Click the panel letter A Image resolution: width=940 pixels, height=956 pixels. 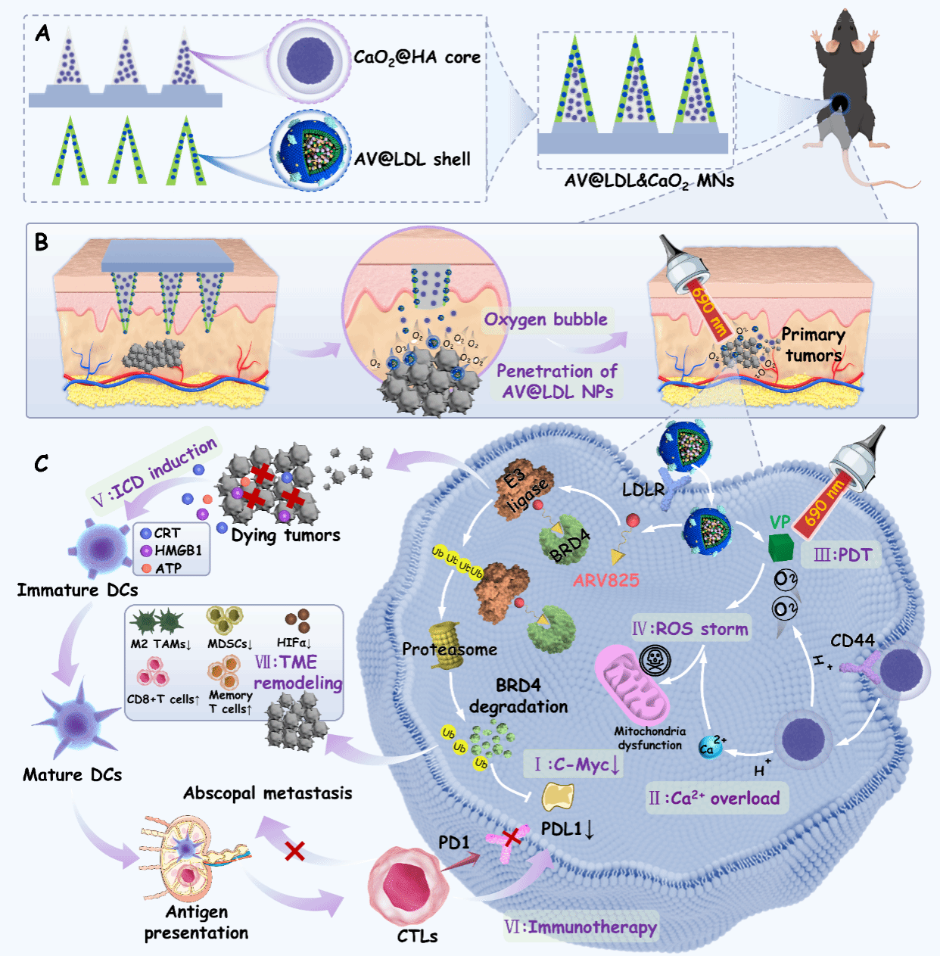pyautogui.click(x=42, y=34)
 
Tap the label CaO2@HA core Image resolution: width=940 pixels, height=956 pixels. pyautogui.click(x=417, y=58)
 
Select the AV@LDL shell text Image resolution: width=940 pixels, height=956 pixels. pyautogui.click(x=412, y=159)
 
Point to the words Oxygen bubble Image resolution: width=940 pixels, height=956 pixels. pyautogui.click(x=546, y=319)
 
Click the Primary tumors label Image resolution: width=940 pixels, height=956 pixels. pyautogui.click(x=813, y=344)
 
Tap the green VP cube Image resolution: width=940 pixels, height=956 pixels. pyautogui.click(x=780, y=547)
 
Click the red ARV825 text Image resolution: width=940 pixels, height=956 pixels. pyautogui.click(x=606, y=581)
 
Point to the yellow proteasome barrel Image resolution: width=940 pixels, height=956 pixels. pyautogui.click(x=446, y=645)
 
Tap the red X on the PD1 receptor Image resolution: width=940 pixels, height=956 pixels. pyautogui.click(x=513, y=836)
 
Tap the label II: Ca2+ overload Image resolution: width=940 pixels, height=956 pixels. pyautogui.click(x=714, y=799)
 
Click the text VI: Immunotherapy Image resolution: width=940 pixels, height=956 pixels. pyautogui.click(x=580, y=927)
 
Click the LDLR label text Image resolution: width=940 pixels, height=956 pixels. pyautogui.click(x=643, y=490)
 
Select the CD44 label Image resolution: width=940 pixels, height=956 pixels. pyautogui.click(x=852, y=641)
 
